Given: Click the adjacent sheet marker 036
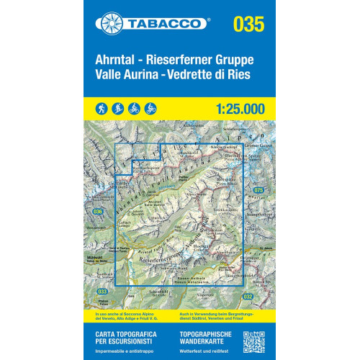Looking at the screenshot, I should coord(98,211).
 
